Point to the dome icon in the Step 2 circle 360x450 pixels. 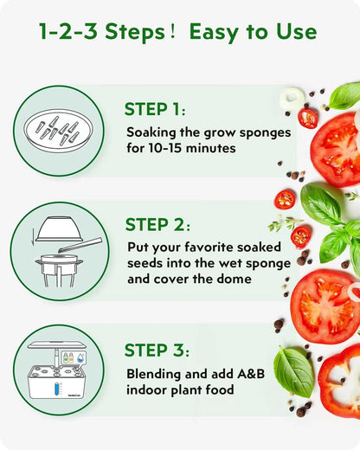58,228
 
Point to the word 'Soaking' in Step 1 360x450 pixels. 152,132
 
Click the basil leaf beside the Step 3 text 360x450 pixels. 293,370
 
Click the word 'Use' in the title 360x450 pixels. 296,33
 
